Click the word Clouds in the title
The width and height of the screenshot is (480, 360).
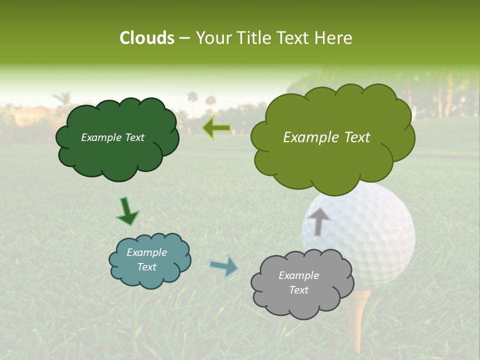146,38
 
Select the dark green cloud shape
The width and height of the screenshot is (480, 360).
116,155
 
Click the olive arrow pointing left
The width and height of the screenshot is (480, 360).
216,128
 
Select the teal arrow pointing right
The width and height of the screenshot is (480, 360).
224,266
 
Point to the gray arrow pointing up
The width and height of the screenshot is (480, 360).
318,221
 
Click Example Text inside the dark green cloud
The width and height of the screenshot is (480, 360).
112,137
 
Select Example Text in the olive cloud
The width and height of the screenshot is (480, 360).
326,137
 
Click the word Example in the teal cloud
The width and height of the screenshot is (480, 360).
146,252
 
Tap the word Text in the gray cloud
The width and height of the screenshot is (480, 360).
298,290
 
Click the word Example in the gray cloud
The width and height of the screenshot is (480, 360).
298,275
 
